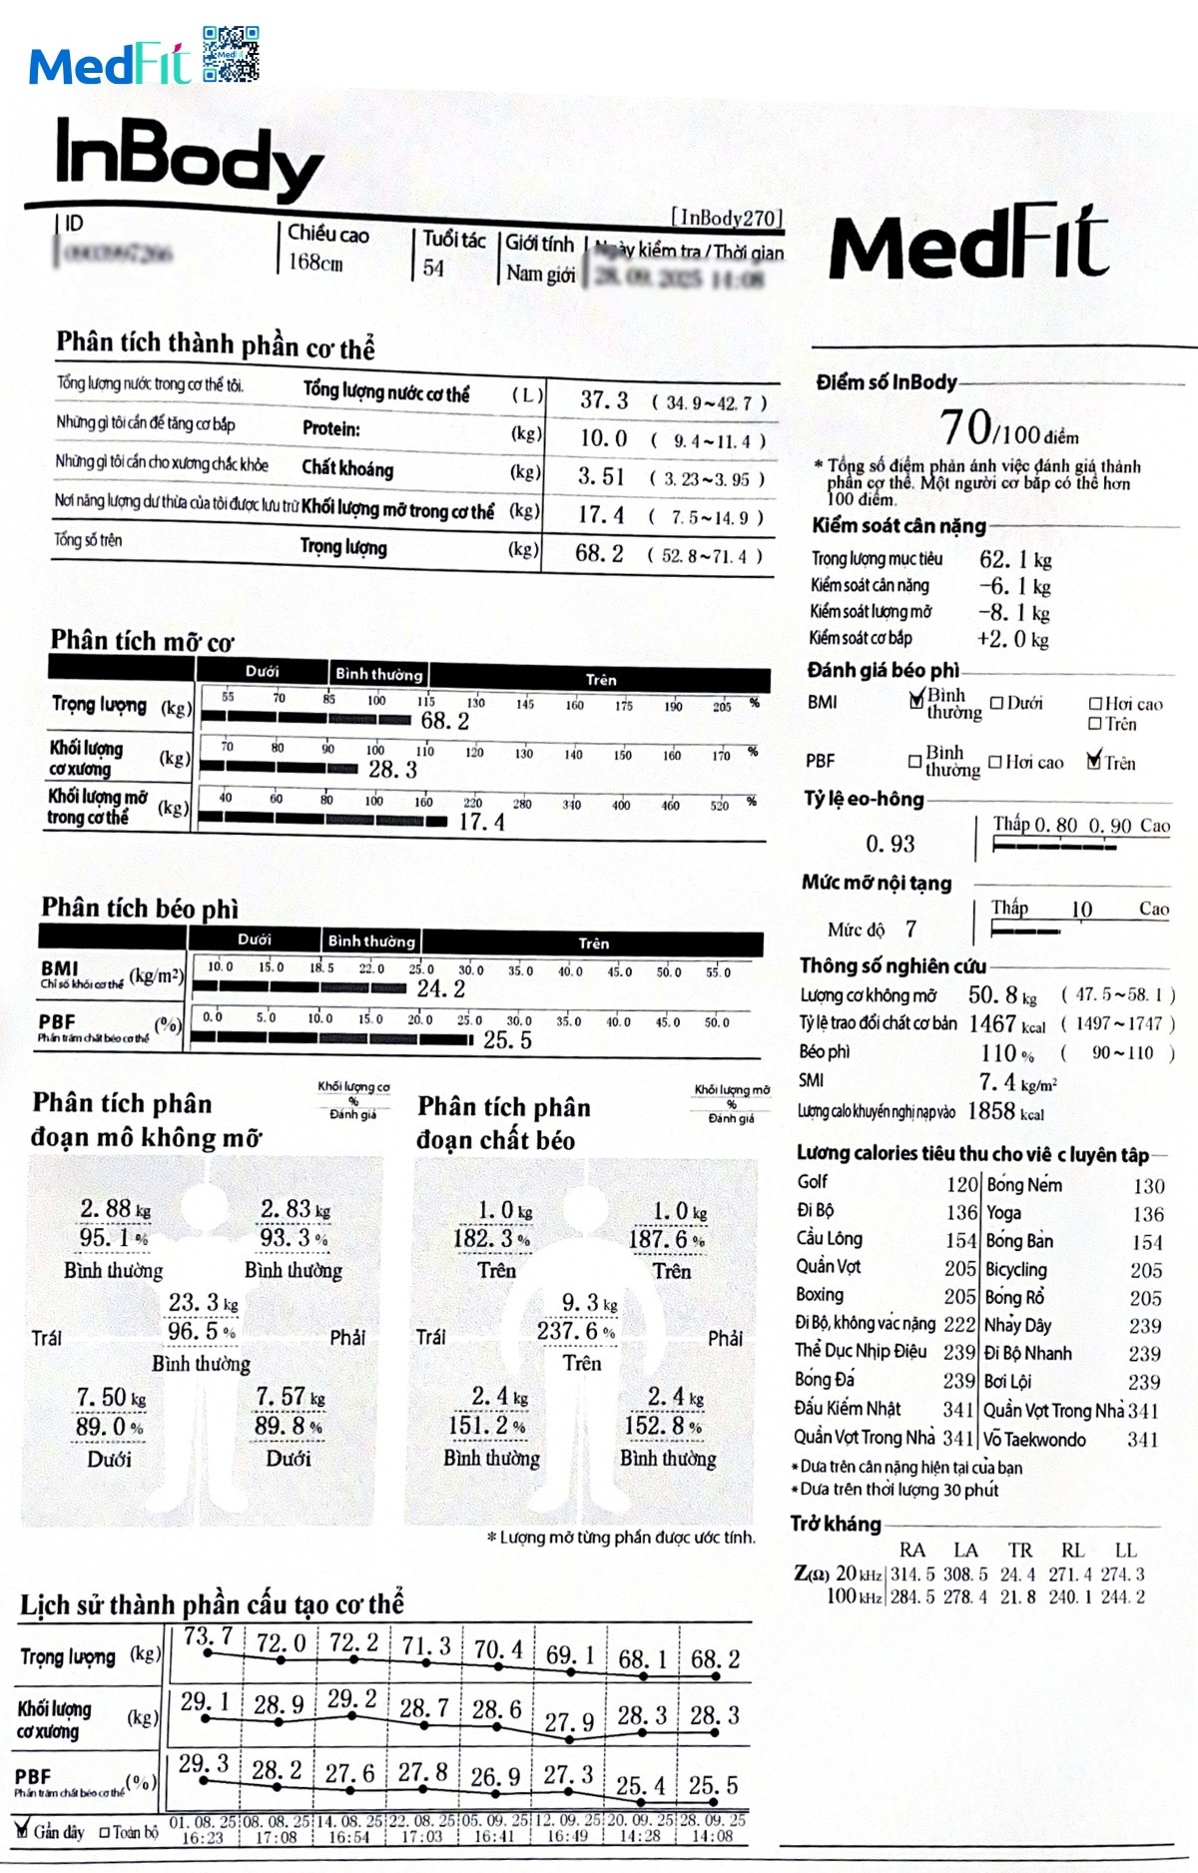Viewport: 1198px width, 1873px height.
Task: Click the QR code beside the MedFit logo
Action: pyautogui.click(x=231, y=53)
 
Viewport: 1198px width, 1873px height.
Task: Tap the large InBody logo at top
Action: pyautogui.click(x=189, y=159)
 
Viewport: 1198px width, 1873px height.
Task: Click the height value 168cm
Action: pyautogui.click(x=315, y=263)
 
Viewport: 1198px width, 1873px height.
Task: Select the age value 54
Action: pyautogui.click(x=433, y=268)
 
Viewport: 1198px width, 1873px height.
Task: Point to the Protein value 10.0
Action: pyautogui.click(x=604, y=438)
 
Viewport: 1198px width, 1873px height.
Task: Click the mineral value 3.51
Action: pyautogui.click(x=601, y=476)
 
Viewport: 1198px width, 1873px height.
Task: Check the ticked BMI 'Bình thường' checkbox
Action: pyautogui.click(x=916, y=700)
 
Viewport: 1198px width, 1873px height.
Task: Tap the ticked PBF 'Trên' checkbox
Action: pyautogui.click(x=1095, y=762)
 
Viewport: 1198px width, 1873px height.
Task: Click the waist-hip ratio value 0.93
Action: pyautogui.click(x=891, y=845)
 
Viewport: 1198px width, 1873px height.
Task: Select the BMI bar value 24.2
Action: pyautogui.click(x=441, y=988)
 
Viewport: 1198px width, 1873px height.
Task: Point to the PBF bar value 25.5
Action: pyautogui.click(x=507, y=1040)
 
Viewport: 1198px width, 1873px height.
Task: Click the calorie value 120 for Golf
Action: pyautogui.click(x=961, y=1185)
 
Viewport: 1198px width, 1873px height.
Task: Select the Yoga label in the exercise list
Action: pyautogui.click(x=1003, y=1213)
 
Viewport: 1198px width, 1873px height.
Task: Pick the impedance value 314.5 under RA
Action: pyautogui.click(x=912, y=1574)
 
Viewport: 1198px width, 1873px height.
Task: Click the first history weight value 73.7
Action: pyautogui.click(x=208, y=1636)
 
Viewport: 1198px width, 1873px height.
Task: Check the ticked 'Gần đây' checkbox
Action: pyautogui.click(x=22, y=1830)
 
